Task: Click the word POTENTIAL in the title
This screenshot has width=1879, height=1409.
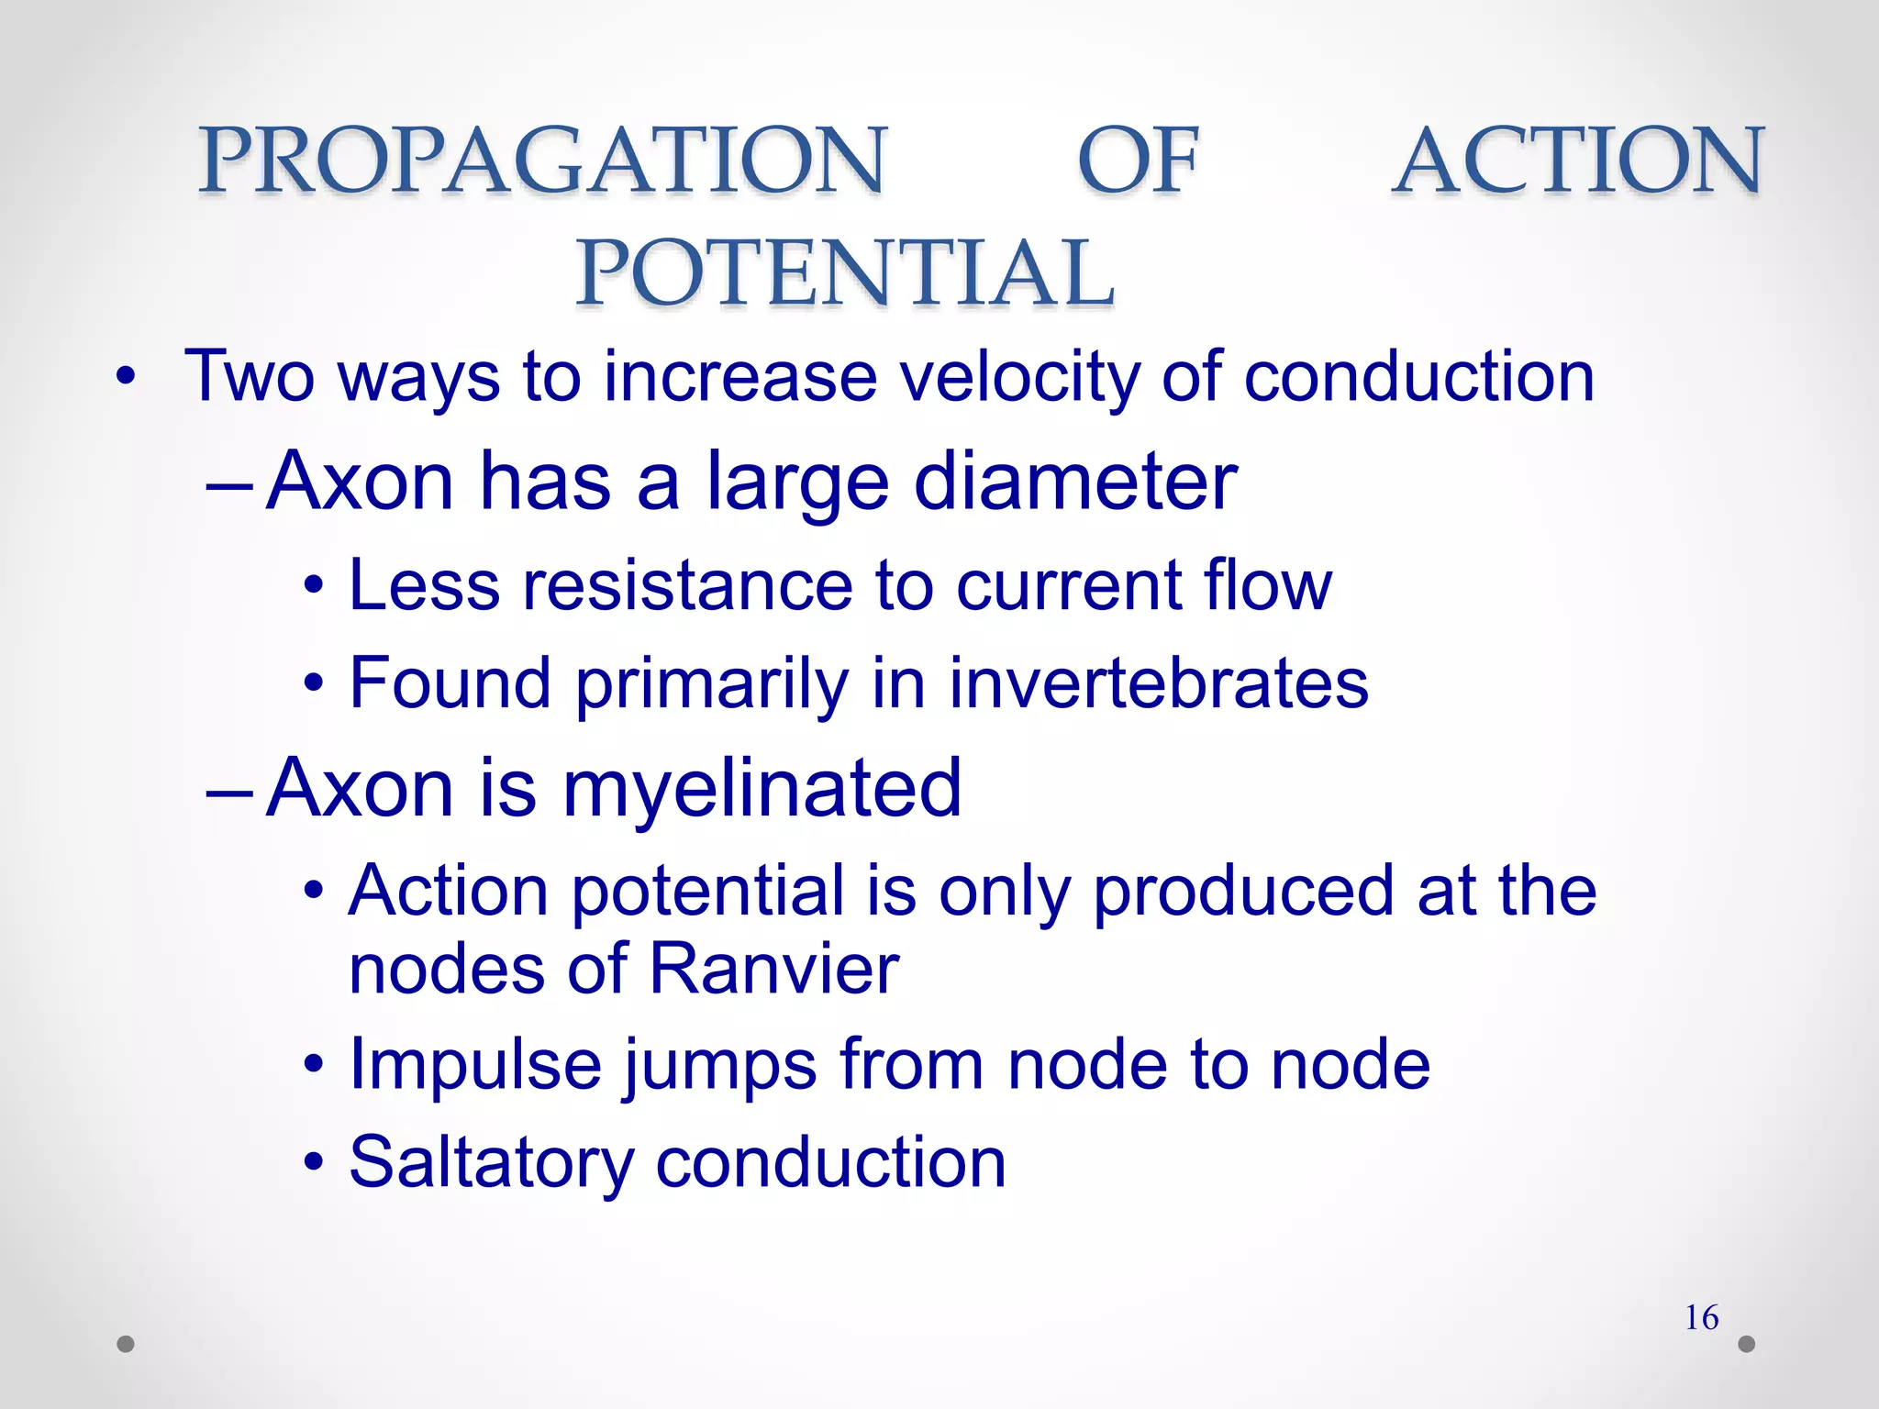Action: click(845, 272)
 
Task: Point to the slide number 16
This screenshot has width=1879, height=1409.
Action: click(1702, 1318)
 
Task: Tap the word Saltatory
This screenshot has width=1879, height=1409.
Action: click(492, 1163)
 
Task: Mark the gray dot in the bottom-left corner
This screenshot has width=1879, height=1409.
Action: click(126, 1344)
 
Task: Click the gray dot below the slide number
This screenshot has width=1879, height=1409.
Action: click(1747, 1344)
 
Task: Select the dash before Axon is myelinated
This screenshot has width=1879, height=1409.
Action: click(228, 791)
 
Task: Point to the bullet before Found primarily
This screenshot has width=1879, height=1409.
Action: click(315, 683)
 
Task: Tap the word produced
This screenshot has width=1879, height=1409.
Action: click(1244, 891)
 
